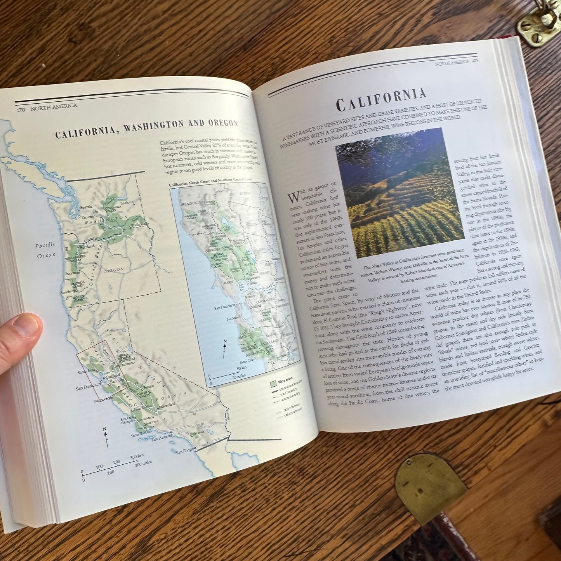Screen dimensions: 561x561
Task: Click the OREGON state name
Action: (x=114, y=269)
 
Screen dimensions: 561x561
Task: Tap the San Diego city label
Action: (x=184, y=452)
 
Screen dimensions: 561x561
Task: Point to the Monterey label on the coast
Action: (x=102, y=399)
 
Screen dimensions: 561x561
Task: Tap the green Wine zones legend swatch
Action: (x=273, y=384)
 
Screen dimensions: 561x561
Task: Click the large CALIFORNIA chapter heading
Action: (x=381, y=100)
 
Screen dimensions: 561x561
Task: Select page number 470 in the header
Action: (x=20, y=110)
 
